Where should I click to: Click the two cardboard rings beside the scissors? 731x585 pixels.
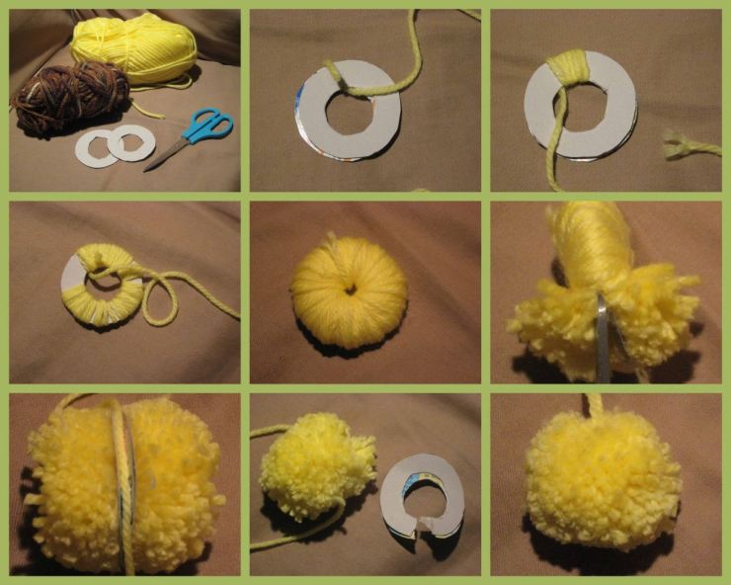click(x=117, y=144)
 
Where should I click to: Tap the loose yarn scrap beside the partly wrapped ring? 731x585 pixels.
click(x=690, y=147)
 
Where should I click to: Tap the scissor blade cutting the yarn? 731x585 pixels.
click(x=603, y=336)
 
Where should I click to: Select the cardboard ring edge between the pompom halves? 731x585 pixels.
click(x=124, y=484)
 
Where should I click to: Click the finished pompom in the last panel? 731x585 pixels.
click(x=603, y=479)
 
